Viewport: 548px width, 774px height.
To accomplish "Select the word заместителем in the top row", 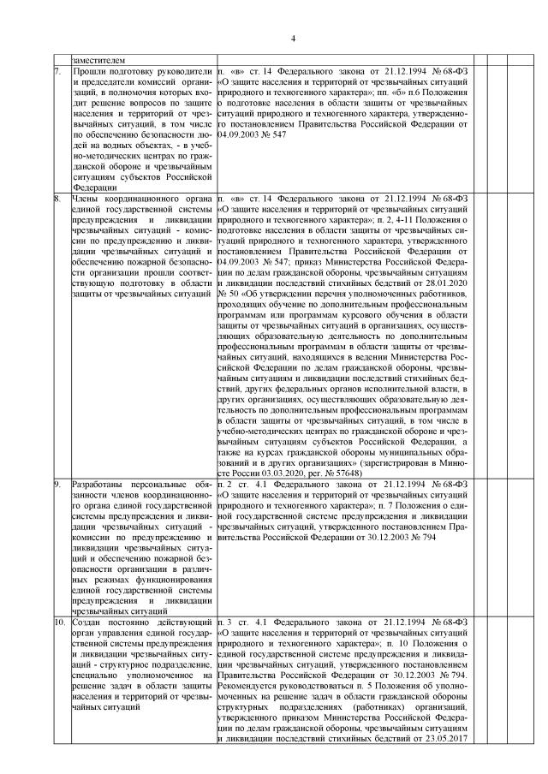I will coord(99,61).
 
